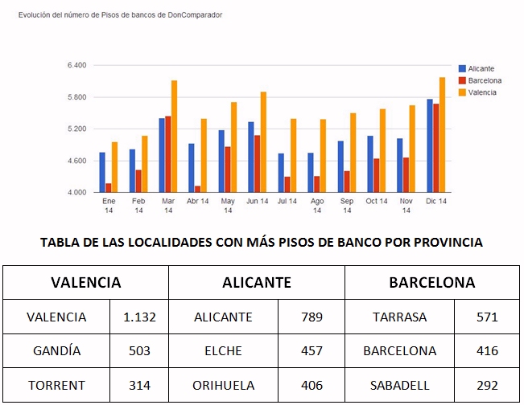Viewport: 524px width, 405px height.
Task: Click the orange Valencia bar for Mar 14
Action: [x=174, y=136]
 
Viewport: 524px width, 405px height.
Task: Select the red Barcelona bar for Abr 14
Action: [x=197, y=189]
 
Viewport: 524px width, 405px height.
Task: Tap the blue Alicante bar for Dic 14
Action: [x=430, y=145]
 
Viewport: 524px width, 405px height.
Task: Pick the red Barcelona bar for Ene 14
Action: [x=109, y=187]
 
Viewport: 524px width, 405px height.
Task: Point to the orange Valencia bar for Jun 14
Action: [x=263, y=141]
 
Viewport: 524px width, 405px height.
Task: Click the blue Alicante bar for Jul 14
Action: [x=281, y=173]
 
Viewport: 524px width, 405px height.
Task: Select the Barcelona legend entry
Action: [x=481, y=80]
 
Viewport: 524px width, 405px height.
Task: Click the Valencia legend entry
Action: [x=477, y=92]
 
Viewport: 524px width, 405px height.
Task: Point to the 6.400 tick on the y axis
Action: [x=76, y=65]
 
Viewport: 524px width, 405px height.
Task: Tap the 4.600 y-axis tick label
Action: [x=76, y=161]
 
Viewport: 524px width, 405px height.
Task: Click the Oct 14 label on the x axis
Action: [x=377, y=201]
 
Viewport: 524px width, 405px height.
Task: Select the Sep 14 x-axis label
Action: [x=347, y=206]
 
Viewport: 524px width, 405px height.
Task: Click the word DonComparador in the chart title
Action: [x=195, y=15]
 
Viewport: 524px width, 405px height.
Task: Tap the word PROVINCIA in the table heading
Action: [x=448, y=242]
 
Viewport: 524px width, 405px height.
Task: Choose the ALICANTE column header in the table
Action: [x=257, y=283]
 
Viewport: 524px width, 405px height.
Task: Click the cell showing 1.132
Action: [x=139, y=317]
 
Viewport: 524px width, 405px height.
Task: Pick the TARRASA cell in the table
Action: [x=400, y=317]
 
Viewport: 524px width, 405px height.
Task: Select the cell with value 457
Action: [x=312, y=351]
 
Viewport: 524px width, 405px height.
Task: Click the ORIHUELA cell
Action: [x=223, y=386]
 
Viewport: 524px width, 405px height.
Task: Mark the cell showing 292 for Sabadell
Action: [x=487, y=386]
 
